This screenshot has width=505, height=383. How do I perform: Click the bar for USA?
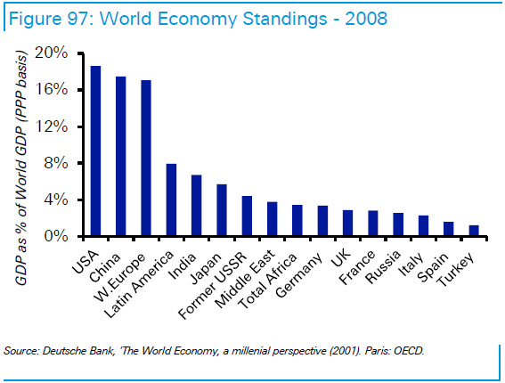pos(95,151)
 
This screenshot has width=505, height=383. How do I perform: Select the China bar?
pos(121,156)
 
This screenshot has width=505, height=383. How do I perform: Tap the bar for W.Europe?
pos(146,158)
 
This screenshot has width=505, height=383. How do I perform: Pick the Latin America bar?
pos(171,200)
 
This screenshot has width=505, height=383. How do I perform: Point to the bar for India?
pos(197,205)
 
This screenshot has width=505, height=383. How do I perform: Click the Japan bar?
pos(222,210)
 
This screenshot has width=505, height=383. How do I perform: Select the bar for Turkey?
pos(474,231)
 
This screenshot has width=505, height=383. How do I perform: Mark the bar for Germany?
pos(322,221)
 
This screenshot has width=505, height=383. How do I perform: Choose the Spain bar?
pos(449,229)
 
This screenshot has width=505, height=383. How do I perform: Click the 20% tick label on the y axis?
pos(51,53)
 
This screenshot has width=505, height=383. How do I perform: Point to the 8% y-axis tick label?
pos(56,163)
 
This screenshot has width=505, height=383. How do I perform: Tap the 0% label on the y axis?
pos(56,236)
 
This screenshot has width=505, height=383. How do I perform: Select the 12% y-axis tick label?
pos(51,126)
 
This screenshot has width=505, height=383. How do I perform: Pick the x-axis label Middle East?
pos(245,278)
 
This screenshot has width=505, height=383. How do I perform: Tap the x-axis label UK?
pos(341,257)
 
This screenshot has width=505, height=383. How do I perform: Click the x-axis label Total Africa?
pos(267,281)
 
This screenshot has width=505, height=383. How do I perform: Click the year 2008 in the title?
pos(366,19)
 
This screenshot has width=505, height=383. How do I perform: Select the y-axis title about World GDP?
pos(20,167)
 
